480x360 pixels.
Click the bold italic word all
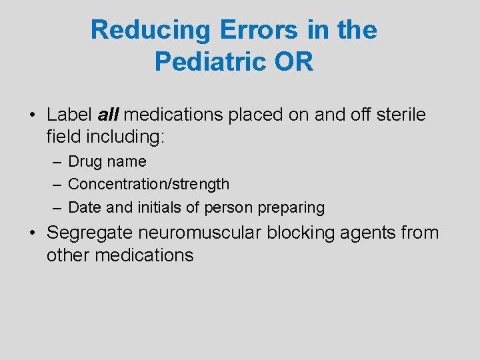coord(108,115)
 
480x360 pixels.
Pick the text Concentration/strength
coord(149,184)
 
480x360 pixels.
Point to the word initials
coord(159,207)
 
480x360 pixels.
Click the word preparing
coord(292,207)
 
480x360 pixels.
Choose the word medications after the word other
coord(145,255)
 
